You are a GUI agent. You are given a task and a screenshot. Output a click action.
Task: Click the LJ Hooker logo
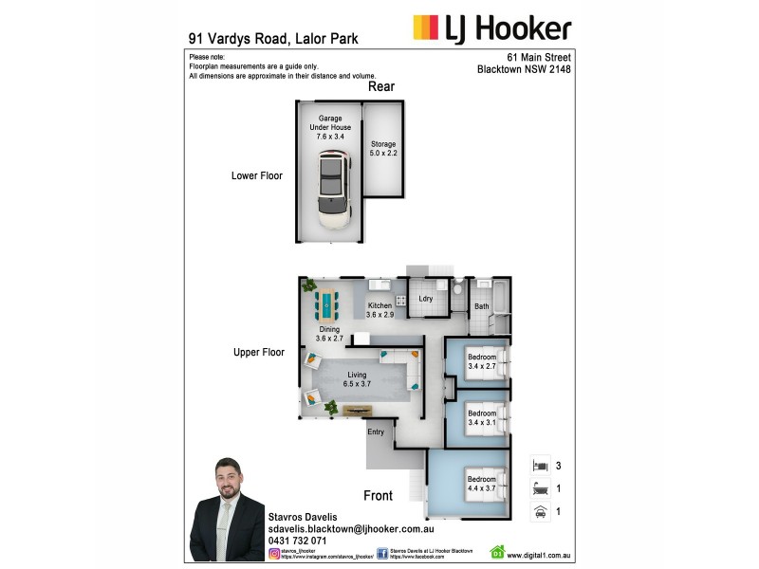(x=491, y=28)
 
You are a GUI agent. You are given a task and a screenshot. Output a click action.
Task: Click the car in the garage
(x=332, y=193)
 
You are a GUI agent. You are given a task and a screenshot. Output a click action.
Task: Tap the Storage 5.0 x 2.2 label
(x=383, y=149)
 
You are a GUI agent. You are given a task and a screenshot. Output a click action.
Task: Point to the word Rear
(x=381, y=87)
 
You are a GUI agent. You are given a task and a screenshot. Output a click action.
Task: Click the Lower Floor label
(x=257, y=175)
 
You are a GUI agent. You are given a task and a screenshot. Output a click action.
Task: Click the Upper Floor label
(x=259, y=352)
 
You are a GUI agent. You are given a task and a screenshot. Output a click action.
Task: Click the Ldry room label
(x=426, y=299)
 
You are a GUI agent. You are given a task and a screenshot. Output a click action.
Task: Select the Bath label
(x=482, y=306)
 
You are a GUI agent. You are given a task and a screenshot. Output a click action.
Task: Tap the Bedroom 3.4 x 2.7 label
(x=482, y=361)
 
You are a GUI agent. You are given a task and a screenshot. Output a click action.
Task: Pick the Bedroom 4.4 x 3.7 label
(x=482, y=484)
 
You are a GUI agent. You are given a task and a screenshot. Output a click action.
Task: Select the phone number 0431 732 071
(x=298, y=540)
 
